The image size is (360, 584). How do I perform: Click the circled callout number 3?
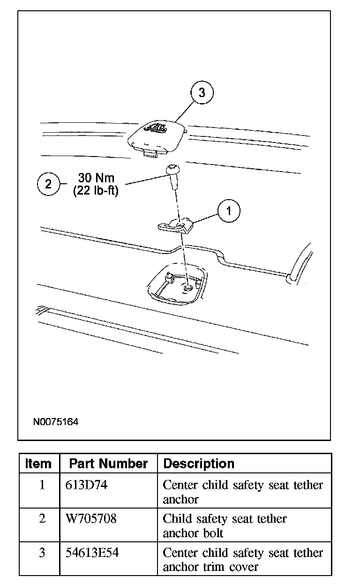pyautogui.click(x=202, y=92)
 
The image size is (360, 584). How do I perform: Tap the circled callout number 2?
pyautogui.click(x=48, y=184)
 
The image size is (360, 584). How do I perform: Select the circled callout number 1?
pyautogui.click(x=228, y=211)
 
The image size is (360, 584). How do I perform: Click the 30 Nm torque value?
pyautogui.click(x=96, y=179)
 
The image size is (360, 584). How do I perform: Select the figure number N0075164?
pyautogui.click(x=56, y=422)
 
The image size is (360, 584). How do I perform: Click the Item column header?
pyautogui.click(x=38, y=464)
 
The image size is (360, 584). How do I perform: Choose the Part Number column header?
pyautogui.click(x=108, y=464)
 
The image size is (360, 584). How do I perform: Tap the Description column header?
pyautogui.click(x=199, y=464)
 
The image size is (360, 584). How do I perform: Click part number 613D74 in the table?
pyautogui.click(x=86, y=485)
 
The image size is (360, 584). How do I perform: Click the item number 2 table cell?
pyautogui.click(x=42, y=519)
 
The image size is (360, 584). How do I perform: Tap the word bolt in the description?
pyautogui.click(x=213, y=533)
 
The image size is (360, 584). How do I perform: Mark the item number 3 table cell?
pyautogui.click(x=42, y=553)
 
